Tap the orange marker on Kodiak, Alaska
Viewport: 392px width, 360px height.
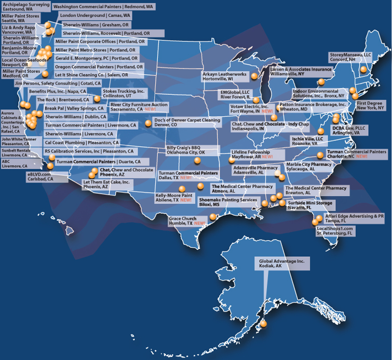point(263,324)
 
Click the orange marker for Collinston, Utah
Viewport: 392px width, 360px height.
point(97,99)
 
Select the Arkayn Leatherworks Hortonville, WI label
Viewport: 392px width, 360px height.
point(225,77)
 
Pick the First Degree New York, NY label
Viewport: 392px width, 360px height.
point(370,106)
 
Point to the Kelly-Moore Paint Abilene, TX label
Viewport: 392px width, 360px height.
point(174,198)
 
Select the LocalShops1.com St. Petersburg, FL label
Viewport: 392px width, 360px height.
point(335,231)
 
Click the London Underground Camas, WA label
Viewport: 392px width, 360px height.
point(95,16)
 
